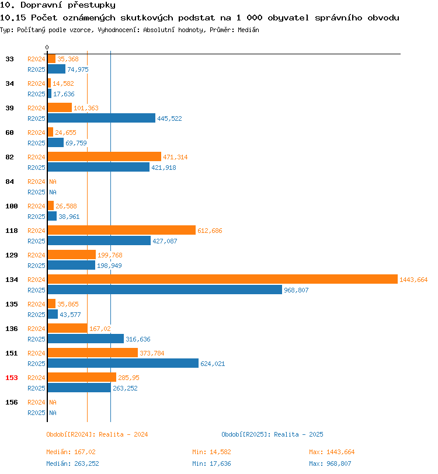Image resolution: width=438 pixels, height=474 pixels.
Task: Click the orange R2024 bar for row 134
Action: tap(223, 279)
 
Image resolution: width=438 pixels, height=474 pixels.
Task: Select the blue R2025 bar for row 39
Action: tap(102, 118)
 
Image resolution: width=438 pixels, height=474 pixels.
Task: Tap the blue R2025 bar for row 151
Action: tap(123, 363)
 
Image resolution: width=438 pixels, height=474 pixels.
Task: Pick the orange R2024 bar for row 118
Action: tap(121, 230)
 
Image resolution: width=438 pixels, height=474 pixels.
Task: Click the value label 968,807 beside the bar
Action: tap(296, 290)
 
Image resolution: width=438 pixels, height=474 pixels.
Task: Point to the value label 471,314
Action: tap(175, 157)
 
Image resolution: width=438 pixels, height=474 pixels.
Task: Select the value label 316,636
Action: tap(138, 339)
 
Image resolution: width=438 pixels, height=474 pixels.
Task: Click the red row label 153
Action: tap(12, 378)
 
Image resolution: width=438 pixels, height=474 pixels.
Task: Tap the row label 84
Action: tap(10, 182)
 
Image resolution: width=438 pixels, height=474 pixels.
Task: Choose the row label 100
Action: tap(12, 206)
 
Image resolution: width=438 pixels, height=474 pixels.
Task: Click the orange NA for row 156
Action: tap(53, 402)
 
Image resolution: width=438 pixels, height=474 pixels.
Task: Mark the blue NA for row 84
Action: tap(53, 192)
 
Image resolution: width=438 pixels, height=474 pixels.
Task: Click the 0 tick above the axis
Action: tap(47, 47)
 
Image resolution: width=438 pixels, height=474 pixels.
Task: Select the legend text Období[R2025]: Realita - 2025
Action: tap(272, 434)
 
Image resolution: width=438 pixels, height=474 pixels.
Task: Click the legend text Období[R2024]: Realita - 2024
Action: tap(97, 434)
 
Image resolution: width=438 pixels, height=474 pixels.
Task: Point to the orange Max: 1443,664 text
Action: tap(332, 452)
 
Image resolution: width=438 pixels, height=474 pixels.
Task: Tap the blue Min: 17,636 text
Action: tap(211, 463)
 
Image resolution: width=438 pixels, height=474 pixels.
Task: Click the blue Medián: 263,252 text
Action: tap(72, 463)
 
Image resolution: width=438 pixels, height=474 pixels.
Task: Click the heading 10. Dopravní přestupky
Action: tap(58, 5)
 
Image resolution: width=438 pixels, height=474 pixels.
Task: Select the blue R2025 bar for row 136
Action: tap(86, 339)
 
